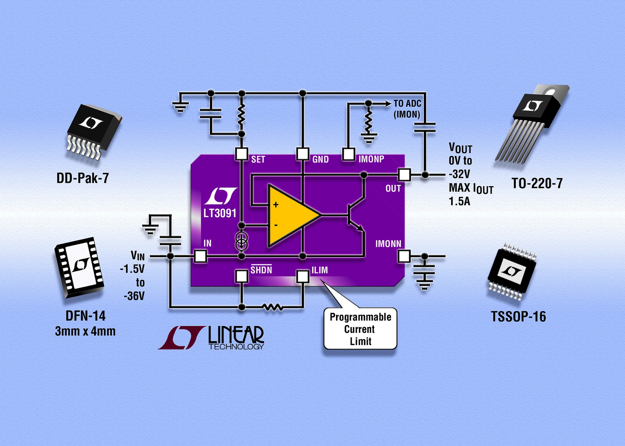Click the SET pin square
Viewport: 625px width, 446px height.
pyautogui.click(x=241, y=154)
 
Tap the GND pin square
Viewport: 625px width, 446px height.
pyautogui.click(x=302, y=154)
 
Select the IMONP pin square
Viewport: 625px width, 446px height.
pyautogui.click(x=348, y=154)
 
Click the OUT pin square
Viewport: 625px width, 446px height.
pyautogui.click(x=404, y=175)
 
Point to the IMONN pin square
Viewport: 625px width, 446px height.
pyautogui.click(x=404, y=256)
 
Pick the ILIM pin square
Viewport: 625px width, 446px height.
pyautogui.click(x=302, y=276)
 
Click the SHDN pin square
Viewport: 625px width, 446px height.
pyautogui.click(x=241, y=276)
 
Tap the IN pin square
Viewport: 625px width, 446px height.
pyautogui.click(x=200, y=256)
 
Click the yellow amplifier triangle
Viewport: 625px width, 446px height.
pyautogui.click(x=290, y=215)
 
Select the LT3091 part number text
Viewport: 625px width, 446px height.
pyautogui.click(x=220, y=213)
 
